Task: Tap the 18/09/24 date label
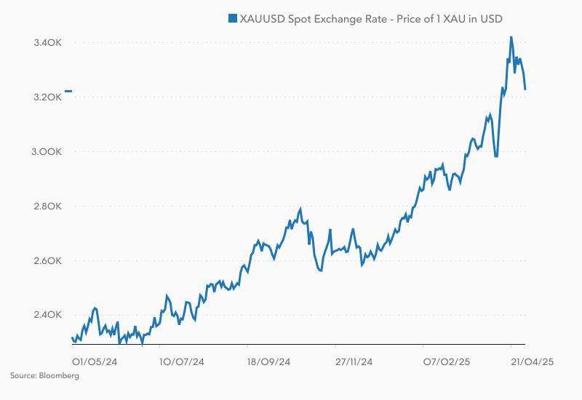[268, 360]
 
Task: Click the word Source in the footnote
[22, 376]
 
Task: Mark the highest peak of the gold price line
[511, 37]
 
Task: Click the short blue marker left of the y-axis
[68, 91]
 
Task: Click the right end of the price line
[525, 89]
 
